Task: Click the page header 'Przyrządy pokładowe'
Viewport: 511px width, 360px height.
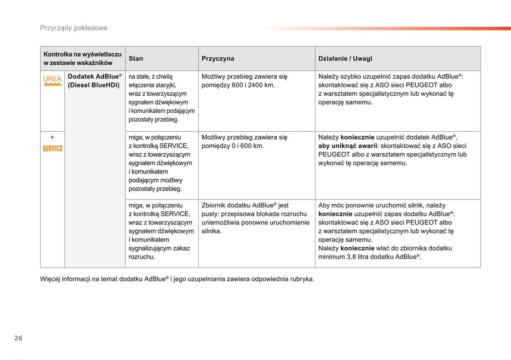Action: pos(74,28)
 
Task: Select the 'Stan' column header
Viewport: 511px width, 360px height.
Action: pos(136,59)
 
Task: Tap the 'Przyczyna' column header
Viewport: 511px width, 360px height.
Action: pos(218,59)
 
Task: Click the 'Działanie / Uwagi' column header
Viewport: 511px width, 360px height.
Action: pos(345,59)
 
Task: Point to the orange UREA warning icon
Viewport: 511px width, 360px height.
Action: pos(52,81)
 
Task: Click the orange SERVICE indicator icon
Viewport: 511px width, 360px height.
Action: pos(52,149)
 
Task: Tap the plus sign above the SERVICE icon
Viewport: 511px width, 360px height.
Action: pos(52,137)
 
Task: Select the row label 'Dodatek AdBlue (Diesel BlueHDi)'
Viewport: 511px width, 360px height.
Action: pos(94,81)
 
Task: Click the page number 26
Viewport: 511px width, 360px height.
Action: pos(18,338)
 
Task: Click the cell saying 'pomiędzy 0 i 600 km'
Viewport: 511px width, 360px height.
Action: pos(232,146)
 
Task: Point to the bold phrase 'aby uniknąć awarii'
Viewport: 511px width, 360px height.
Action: pos(348,146)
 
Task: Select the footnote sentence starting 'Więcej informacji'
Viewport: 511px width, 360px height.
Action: pos(177,279)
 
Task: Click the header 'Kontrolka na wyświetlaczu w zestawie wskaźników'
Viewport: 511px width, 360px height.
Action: pos(82,59)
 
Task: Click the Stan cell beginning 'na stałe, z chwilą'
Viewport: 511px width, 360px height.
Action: pos(162,98)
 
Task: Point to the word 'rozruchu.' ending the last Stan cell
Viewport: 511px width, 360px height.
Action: pos(142,257)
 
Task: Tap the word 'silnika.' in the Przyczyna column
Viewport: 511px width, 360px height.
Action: pos(211,231)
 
